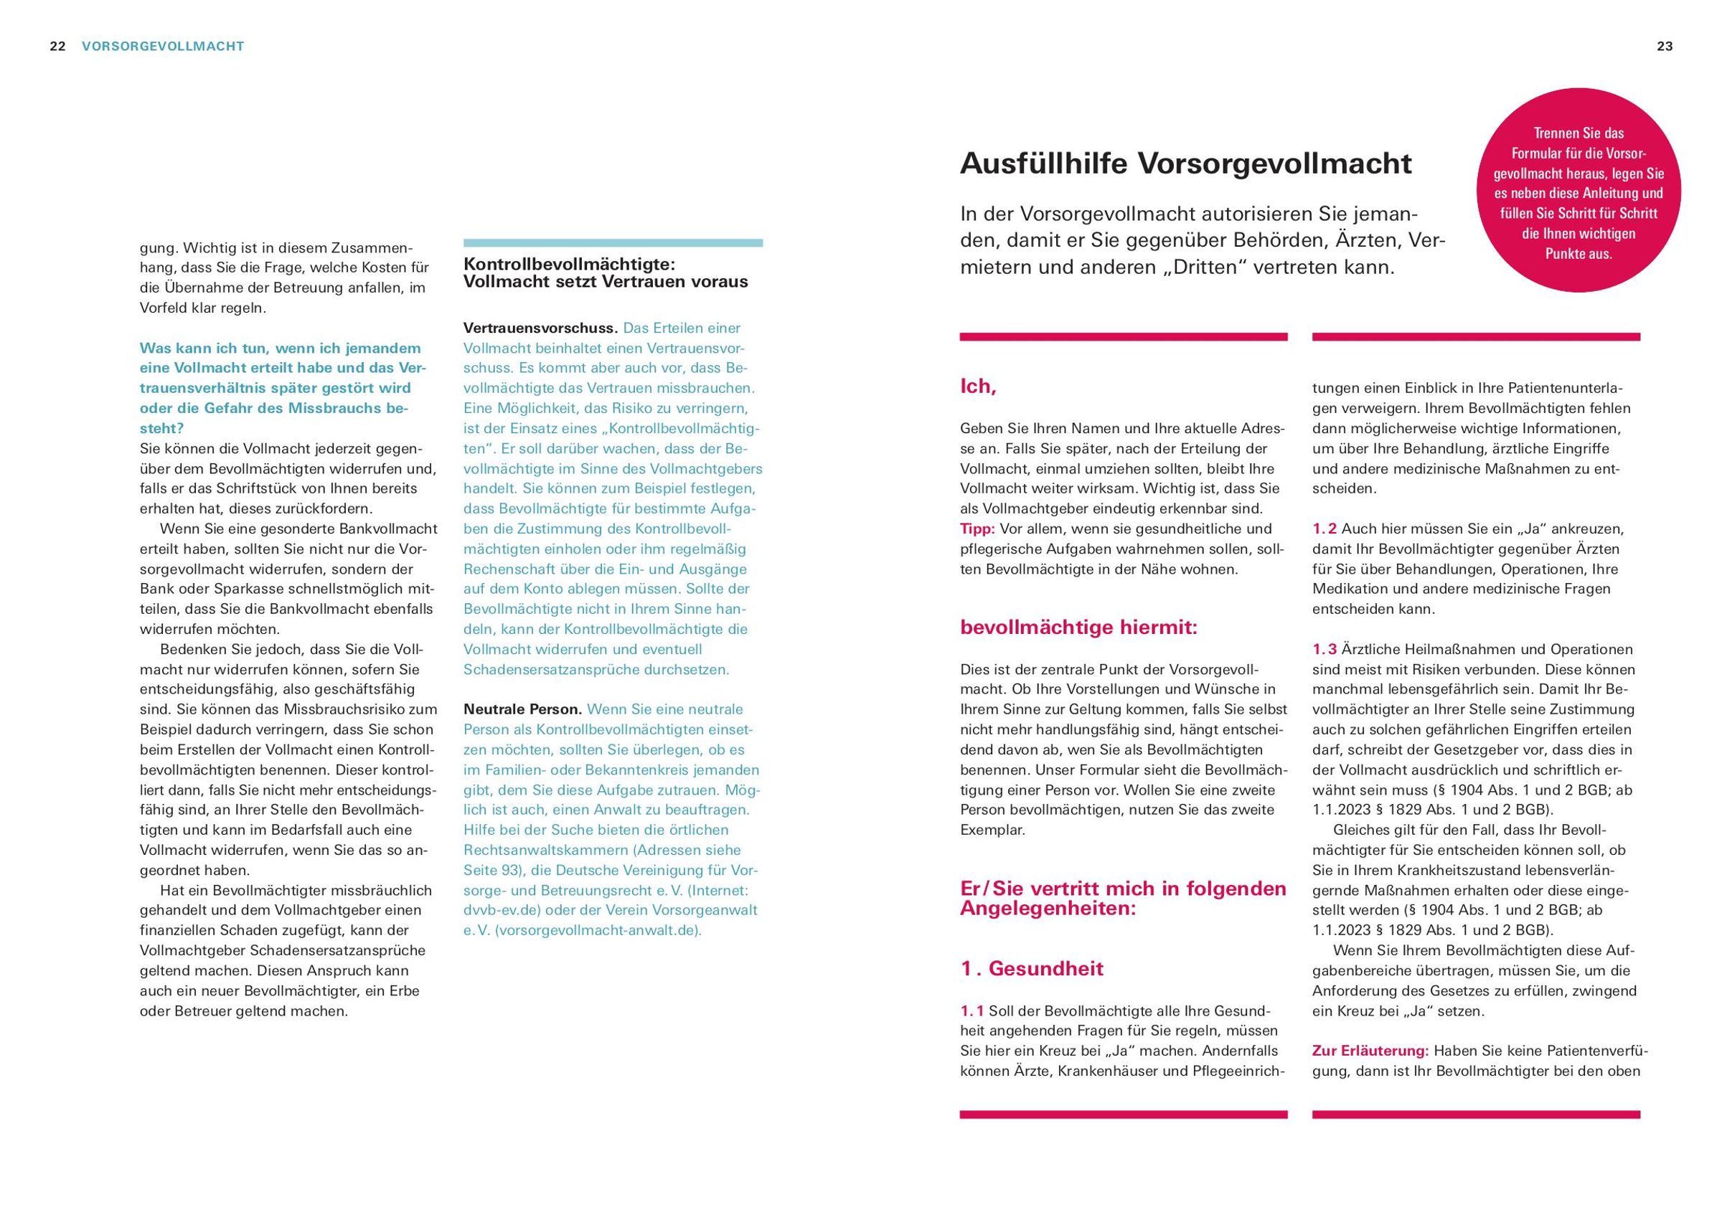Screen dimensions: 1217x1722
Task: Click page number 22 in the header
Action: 57,47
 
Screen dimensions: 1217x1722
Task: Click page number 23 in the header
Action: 1665,47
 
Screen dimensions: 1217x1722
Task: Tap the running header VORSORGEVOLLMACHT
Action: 163,47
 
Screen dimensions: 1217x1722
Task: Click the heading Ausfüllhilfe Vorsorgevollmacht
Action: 1185,164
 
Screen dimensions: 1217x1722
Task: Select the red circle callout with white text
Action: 1578,194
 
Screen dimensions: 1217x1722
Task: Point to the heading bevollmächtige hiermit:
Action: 1078,627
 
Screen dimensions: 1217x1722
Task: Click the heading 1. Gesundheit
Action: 1032,968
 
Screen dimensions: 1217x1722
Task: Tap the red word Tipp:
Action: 977,529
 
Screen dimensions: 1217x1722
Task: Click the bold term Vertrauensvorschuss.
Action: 540,328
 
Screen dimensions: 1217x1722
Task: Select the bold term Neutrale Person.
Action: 523,709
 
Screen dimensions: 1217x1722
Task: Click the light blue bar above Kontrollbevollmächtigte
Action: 613,243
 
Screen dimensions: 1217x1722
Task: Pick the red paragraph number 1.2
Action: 1325,529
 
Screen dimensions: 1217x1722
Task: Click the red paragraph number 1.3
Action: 1325,649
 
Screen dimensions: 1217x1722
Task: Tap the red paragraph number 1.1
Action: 972,1010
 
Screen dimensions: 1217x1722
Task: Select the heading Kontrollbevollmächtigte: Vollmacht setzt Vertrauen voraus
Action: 606,273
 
